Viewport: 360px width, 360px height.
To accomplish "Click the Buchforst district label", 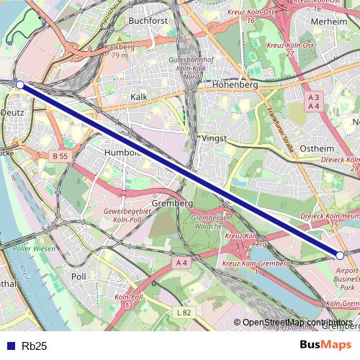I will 148,21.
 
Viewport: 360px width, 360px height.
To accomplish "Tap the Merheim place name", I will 330,22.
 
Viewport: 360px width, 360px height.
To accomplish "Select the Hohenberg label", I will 235,84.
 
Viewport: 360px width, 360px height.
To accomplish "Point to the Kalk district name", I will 140,96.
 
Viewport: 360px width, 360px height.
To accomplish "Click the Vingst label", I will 215,138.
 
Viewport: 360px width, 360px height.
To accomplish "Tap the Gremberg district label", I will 173,204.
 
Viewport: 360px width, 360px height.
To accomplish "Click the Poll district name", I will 79,276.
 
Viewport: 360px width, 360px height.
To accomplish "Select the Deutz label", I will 12,112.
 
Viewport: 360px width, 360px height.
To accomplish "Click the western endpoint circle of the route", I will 20,85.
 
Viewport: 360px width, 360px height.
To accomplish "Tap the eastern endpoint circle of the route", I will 340,254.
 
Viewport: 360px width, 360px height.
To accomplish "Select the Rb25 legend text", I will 35,346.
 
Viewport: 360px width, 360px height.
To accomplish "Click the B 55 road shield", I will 60,156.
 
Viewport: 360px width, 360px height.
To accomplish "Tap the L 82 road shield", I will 184,312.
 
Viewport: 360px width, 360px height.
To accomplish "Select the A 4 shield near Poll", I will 181,264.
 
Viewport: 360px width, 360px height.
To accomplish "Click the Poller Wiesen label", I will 34,248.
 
